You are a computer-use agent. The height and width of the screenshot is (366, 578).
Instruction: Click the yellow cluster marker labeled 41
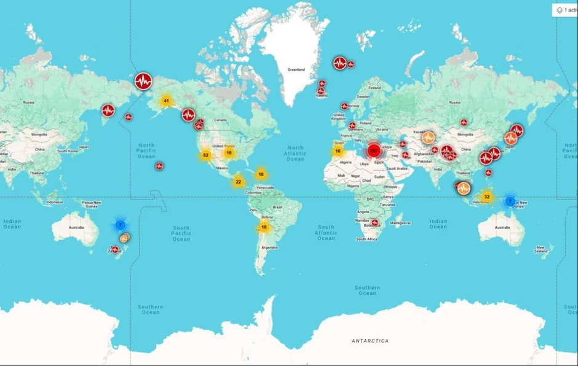tap(166, 101)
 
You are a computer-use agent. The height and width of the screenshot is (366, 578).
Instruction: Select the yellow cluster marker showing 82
tap(205, 155)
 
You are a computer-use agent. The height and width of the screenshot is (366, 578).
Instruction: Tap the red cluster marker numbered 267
tap(373, 150)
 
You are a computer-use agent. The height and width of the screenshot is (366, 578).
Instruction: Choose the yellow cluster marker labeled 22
tap(239, 181)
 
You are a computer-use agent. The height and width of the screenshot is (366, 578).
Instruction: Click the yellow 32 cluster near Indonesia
tap(487, 197)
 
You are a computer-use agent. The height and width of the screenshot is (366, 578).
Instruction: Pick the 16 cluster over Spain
tap(338, 150)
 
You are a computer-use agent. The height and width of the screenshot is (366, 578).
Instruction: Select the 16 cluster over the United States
tap(229, 152)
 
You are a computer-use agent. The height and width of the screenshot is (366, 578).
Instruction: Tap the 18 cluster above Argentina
tap(264, 227)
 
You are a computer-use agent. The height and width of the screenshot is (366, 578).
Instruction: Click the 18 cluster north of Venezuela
tap(261, 174)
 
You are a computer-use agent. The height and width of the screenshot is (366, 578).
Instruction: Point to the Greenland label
tap(296, 70)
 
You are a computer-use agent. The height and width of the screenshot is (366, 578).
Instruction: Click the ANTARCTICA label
tap(370, 340)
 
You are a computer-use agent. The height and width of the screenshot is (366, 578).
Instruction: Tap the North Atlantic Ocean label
tap(295, 153)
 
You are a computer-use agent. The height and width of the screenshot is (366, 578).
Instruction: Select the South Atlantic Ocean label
tap(326, 232)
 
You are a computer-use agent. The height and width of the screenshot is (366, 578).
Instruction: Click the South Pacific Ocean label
tap(181, 233)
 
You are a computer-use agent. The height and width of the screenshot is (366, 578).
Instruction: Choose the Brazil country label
tap(277, 207)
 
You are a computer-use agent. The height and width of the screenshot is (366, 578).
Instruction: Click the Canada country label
tap(220, 120)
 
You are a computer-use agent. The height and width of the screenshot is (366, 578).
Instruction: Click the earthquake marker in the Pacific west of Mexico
tap(159, 166)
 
